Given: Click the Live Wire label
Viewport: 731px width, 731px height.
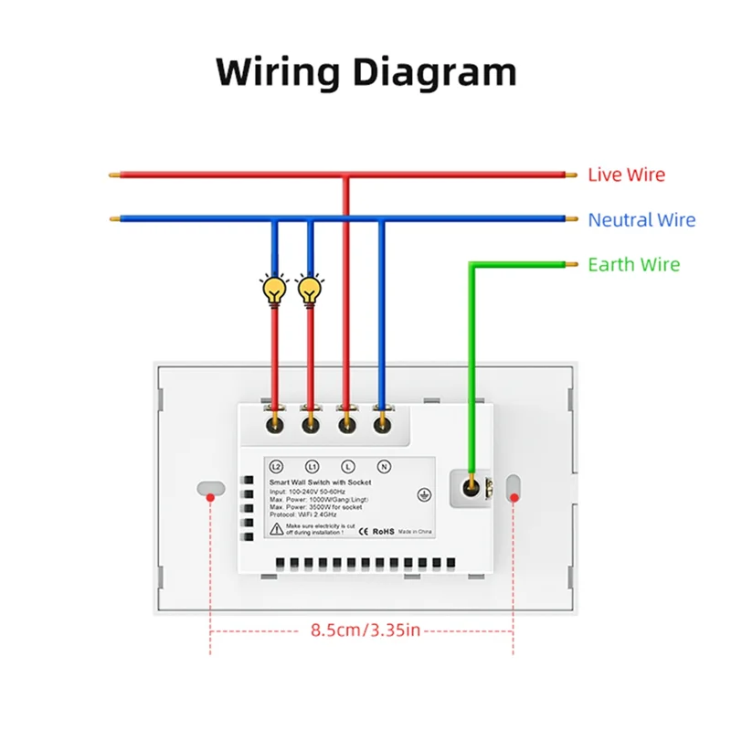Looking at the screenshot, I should (626, 175).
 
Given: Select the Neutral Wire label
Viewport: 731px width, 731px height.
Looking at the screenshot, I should (641, 220).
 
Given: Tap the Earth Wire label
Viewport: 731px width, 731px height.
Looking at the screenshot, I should (633, 265).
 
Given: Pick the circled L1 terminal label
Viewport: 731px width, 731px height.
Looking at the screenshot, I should (311, 466).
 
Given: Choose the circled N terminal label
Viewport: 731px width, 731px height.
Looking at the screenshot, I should (384, 466).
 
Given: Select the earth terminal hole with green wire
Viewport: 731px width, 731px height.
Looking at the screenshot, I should (472, 486).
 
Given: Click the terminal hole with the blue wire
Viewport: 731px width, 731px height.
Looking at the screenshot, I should (383, 424).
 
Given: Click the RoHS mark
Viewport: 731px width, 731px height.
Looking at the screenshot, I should (381, 530).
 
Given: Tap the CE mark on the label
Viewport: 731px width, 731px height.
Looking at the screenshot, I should (361, 530).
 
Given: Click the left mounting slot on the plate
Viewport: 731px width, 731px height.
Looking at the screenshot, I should (211, 486).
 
